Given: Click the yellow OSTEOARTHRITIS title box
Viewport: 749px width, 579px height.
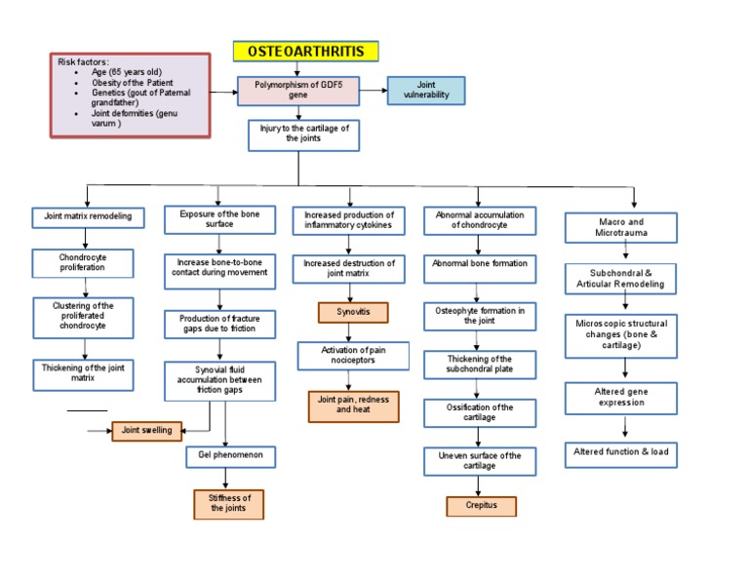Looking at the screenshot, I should [305, 52].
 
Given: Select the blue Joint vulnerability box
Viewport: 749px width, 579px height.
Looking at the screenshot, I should [426, 91].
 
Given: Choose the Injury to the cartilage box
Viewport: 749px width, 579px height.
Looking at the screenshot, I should [303, 135].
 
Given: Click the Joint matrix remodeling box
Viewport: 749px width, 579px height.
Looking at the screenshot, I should [88, 217].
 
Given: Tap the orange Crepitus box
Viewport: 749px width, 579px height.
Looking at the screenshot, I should [481, 506].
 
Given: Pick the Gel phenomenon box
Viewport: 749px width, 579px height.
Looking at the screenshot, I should [231, 456].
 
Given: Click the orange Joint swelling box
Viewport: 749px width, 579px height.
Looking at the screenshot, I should [146, 431].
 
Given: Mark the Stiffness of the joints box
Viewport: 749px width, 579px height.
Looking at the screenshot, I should [228, 504].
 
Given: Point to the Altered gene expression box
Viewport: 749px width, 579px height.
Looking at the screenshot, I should [621, 397].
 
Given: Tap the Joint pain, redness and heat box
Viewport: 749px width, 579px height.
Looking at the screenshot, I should [353, 405].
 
